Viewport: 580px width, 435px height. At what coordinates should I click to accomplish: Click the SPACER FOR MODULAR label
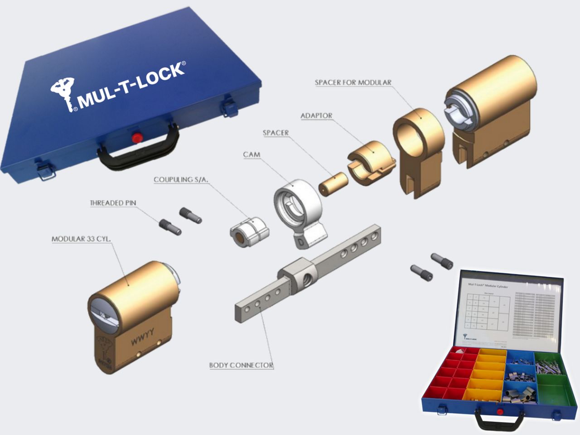pyautogui.click(x=353, y=82)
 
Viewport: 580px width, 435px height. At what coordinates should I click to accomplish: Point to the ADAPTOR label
pyautogui.click(x=316, y=116)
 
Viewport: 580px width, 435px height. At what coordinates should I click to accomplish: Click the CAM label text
pyautogui.click(x=251, y=155)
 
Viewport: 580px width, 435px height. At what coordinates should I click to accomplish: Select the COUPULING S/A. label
pyautogui.click(x=181, y=180)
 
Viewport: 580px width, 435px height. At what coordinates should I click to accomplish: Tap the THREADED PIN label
pyautogui.click(x=113, y=203)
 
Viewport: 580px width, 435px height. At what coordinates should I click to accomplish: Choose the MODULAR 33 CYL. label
pyautogui.click(x=81, y=239)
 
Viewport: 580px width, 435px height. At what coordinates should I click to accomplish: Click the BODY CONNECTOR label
pyautogui.click(x=241, y=365)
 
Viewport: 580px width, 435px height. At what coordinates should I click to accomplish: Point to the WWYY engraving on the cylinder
pyautogui.click(x=142, y=336)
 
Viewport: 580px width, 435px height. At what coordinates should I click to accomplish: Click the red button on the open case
pyautogui.click(x=500, y=411)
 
